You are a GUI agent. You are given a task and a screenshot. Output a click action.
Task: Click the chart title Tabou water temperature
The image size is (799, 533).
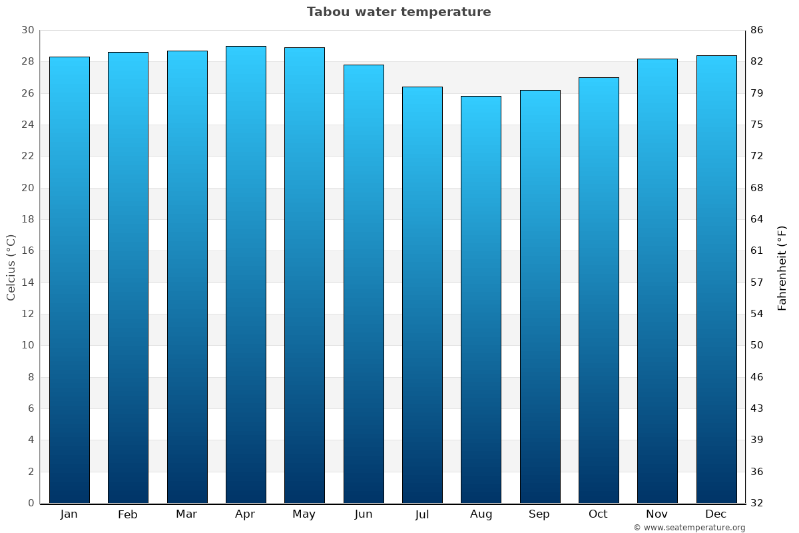tap(399, 12)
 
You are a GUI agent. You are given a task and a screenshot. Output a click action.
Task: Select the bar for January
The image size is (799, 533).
tap(69, 280)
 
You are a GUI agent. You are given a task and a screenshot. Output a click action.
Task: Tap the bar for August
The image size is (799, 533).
tap(481, 300)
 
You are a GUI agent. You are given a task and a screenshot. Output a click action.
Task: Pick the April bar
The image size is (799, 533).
tap(246, 274)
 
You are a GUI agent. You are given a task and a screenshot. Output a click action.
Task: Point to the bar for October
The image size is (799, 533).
tap(599, 290)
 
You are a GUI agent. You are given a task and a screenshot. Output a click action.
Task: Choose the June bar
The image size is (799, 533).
tap(364, 284)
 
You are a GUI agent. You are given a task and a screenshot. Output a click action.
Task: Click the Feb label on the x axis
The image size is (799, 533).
tap(128, 514)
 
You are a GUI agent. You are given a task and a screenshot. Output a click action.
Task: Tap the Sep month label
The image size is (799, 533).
tap(539, 514)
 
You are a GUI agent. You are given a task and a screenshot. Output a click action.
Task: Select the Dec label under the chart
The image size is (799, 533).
tap(716, 514)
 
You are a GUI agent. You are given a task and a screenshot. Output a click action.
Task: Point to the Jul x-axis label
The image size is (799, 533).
tap(422, 514)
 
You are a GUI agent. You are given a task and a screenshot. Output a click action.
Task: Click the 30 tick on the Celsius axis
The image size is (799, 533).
tap(27, 31)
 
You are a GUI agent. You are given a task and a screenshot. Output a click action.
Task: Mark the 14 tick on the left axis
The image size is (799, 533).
tap(27, 282)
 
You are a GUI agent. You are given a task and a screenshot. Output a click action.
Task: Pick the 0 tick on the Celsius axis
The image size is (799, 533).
tap(31, 503)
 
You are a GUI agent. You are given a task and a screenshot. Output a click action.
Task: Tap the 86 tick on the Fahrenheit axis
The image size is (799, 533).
tap(757, 31)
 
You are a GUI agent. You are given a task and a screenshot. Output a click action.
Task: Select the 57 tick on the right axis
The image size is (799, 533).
tap(757, 282)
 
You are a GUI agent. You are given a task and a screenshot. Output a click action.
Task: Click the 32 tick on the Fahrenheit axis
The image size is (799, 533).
tap(757, 503)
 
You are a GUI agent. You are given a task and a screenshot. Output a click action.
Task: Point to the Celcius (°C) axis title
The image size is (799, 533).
tap(11, 266)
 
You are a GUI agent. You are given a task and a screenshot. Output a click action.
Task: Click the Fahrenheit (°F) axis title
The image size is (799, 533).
tap(782, 267)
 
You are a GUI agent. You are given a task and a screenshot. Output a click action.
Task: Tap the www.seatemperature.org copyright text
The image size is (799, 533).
tap(689, 528)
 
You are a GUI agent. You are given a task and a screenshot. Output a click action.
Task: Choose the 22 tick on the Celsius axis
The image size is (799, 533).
tap(27, 157)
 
